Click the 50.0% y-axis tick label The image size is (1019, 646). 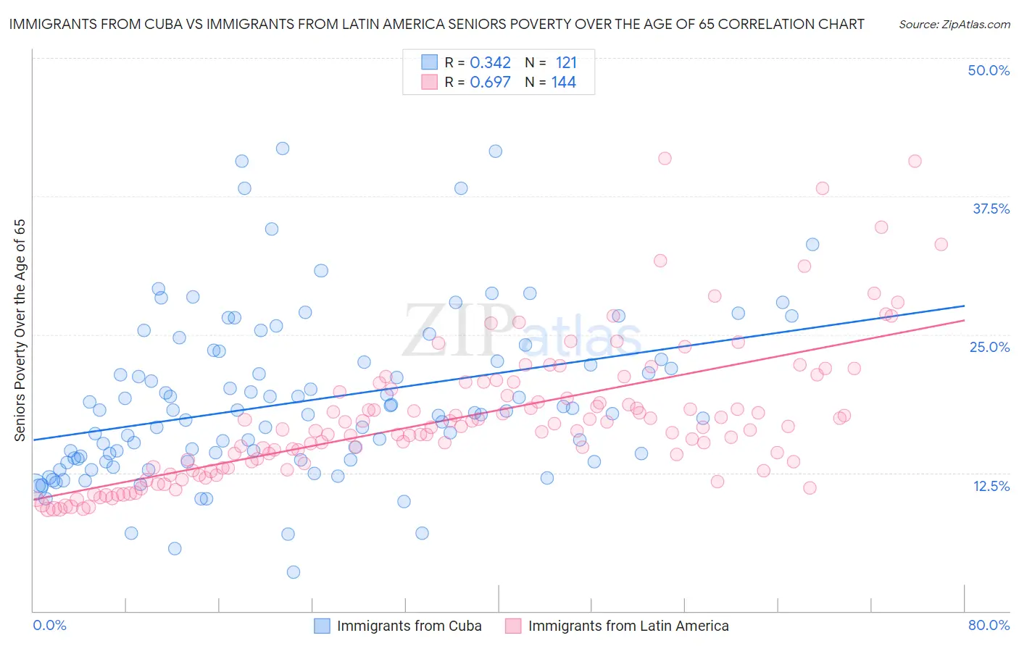coord(989,70)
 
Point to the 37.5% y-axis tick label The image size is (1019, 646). coord(991,209)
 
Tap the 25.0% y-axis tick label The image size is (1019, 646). coord(989,347)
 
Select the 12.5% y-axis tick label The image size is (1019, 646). coord(991,486)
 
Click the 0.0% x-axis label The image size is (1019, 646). coord(49,625)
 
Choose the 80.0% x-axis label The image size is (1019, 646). coord(989,625)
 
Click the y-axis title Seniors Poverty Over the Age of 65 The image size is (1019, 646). coord(20,330)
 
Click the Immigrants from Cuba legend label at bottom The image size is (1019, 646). coord(409,626)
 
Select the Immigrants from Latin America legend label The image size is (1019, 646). coord(628,626)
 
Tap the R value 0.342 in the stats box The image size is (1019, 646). coord(490,62)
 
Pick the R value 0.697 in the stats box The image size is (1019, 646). coord(490,83)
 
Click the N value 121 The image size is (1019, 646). coord(566,62)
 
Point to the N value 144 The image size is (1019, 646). coord(563,83)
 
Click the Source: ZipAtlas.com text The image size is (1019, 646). coord(954,24)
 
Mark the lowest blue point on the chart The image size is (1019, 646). coord(294,572)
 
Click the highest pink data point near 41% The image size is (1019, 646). coord(665,158)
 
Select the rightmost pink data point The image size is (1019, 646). coord(941,244)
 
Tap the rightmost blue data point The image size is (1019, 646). coord(812,245)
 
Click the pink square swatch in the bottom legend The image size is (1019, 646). coord(513,626)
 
